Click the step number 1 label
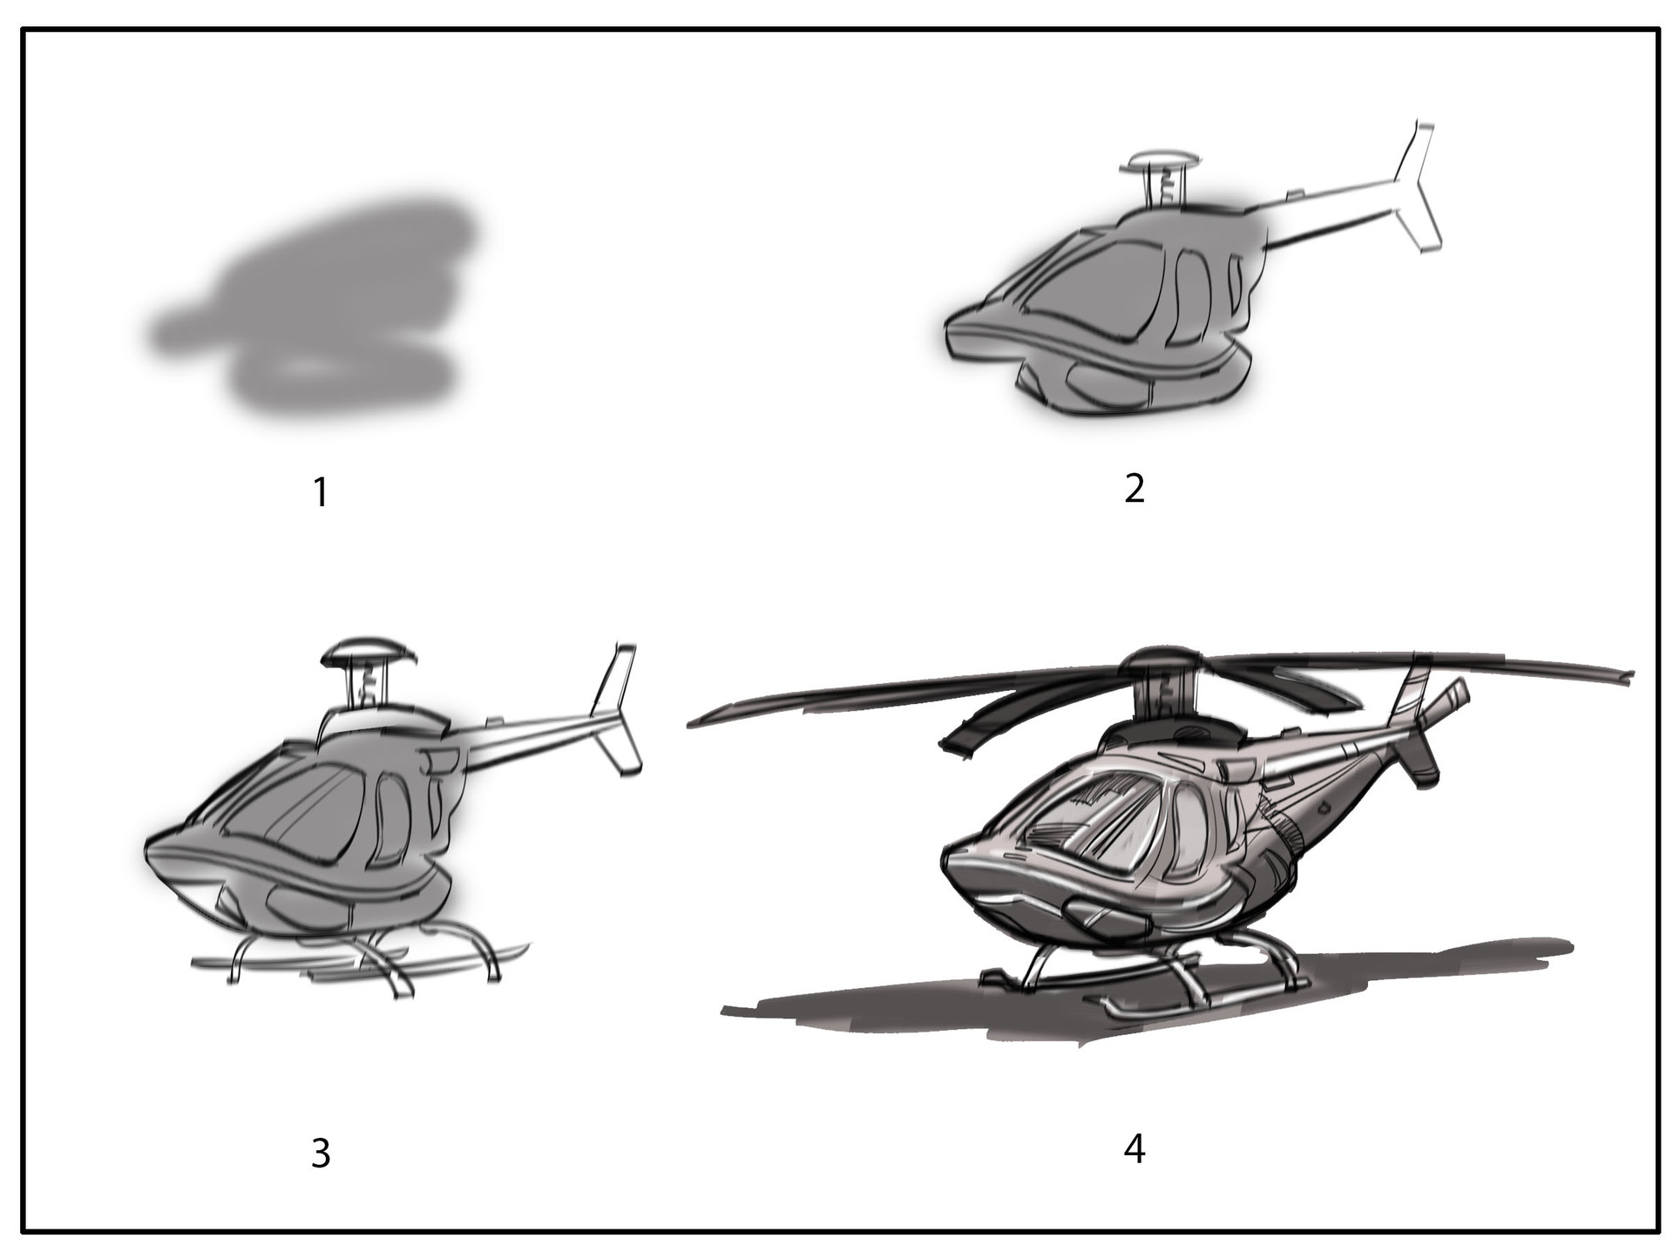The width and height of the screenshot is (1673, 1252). [321, 493]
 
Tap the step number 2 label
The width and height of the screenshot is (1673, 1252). [1134, 490]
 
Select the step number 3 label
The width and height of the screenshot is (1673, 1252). [321, 1154]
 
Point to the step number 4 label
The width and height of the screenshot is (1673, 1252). [1134, 1150]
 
